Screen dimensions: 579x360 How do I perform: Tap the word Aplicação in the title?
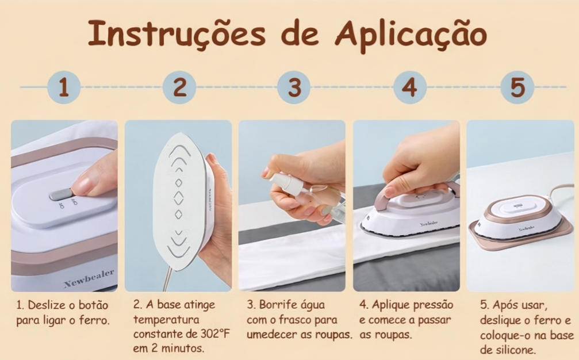coord(411,36)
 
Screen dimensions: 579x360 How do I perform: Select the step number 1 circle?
coord(64,87)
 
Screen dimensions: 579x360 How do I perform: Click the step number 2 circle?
coord(179,87)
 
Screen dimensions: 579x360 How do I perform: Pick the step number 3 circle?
coord(294,87)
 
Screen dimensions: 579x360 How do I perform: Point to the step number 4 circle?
coord(409,87)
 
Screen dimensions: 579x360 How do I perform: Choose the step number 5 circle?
coord(517,87)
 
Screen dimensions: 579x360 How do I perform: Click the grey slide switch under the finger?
coord(60,194)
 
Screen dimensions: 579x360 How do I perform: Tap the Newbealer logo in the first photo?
coord(89,278)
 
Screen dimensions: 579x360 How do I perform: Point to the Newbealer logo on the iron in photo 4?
coord(429,224)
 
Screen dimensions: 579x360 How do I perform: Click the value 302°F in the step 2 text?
coord(215,334)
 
